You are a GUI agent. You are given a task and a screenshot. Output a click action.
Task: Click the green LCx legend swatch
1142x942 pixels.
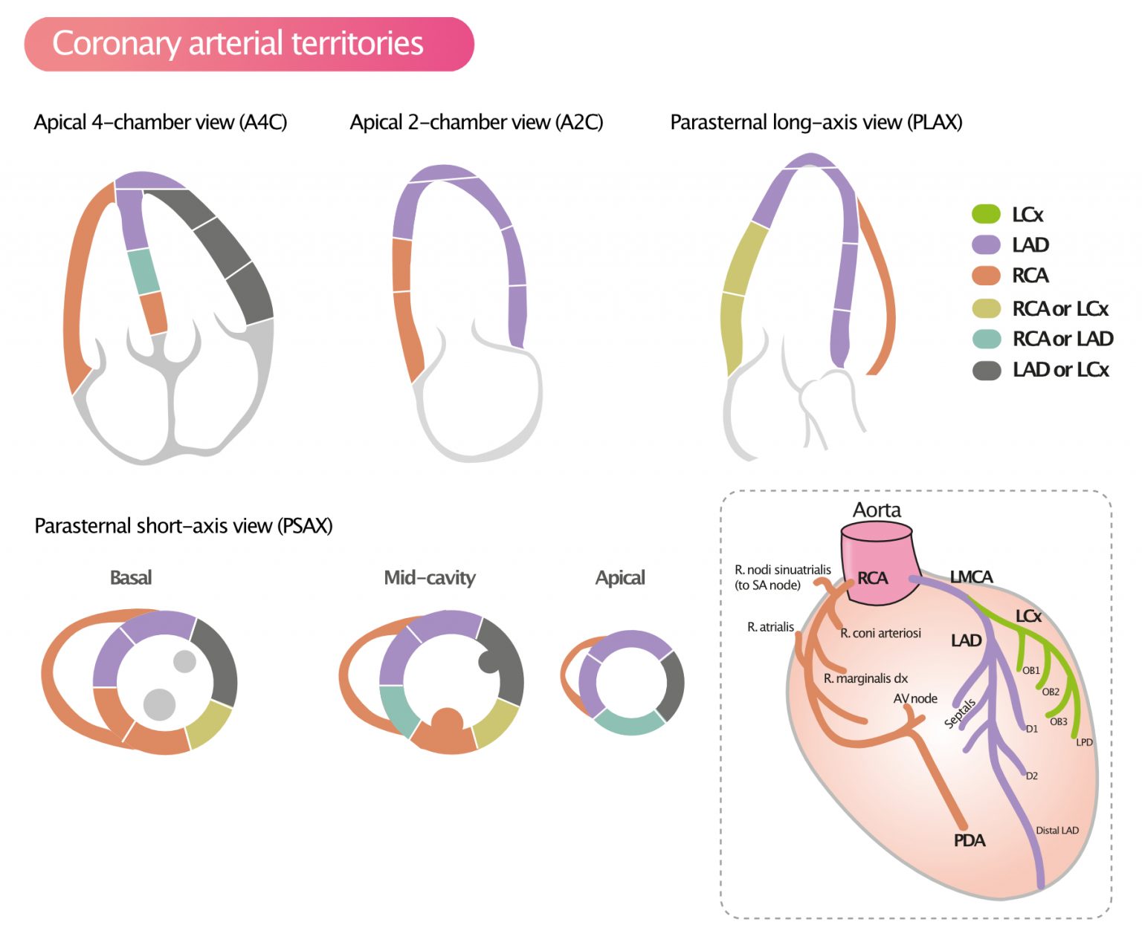coord(986,214)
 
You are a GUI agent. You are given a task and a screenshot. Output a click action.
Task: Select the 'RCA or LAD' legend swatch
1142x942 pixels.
coord(986,339)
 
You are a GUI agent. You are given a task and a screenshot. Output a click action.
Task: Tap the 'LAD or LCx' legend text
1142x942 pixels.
coord(1060,370)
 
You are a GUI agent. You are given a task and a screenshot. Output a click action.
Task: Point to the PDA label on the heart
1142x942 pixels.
coord(970,840)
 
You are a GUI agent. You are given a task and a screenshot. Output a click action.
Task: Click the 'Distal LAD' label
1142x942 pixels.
coord(1056,831)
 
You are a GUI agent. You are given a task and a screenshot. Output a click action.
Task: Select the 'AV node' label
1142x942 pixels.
coord(915,698)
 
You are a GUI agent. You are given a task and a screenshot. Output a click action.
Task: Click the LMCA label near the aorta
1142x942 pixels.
coord(971,577)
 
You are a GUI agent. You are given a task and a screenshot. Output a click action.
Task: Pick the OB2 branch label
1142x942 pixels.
coord(1051,692)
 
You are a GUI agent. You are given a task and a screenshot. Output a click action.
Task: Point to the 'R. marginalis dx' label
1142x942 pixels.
coord(865,678)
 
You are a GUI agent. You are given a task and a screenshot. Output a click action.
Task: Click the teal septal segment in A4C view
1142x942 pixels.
coord(143,272)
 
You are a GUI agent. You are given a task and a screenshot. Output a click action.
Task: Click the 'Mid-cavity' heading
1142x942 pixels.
coord(429,578)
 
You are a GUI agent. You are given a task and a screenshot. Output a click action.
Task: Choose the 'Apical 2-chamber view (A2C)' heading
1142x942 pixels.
coord(477,123)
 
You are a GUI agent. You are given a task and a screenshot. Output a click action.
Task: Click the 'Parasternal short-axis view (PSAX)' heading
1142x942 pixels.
coord(184,526)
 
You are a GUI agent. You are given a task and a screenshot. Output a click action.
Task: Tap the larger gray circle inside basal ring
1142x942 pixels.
coord(159,704)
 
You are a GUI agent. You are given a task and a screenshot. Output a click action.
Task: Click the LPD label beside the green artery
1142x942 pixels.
coord(1084,742)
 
